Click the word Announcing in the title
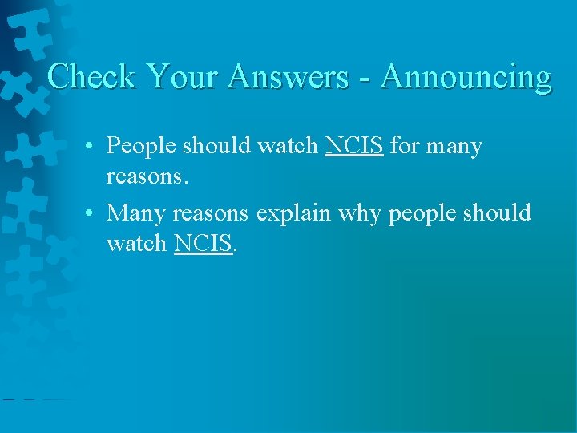click(466, 77)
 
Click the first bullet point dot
click(95, 147)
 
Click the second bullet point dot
click(95, 213)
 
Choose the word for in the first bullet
click(405, 146)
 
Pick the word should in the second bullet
click(498, 213)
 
